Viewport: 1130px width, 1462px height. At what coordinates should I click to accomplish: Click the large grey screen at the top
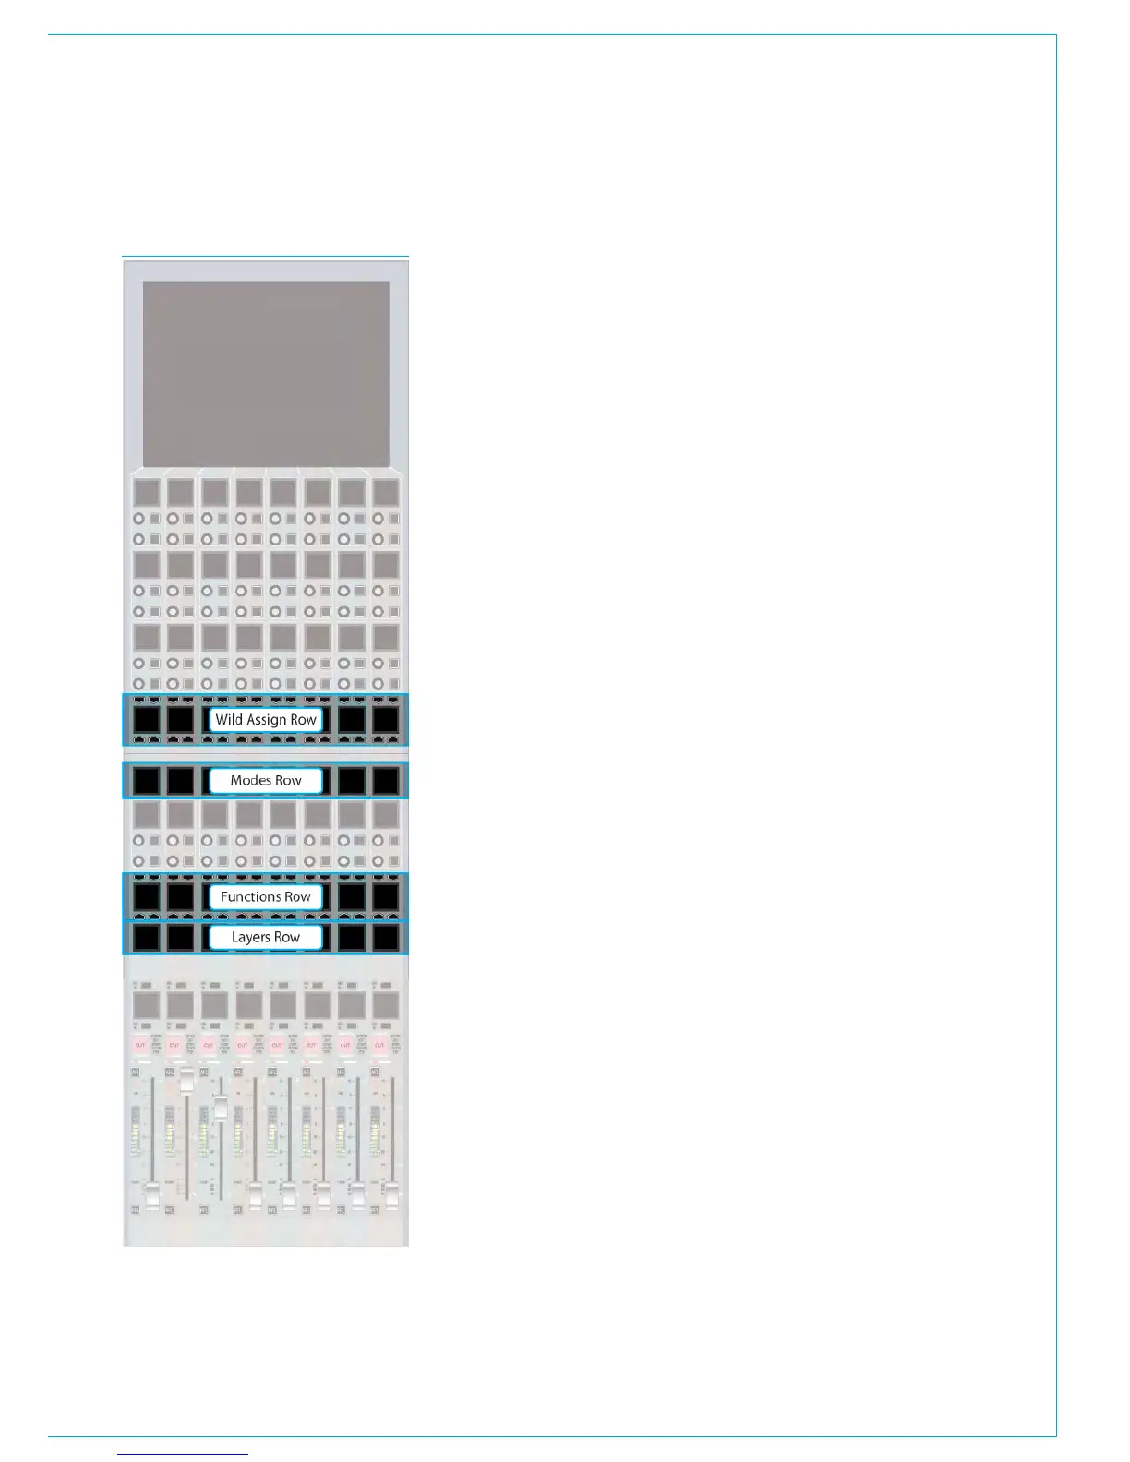266,373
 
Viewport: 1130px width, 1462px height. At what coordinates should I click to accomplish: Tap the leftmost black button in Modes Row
146,781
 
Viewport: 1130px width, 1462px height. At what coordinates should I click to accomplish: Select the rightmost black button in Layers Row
385,938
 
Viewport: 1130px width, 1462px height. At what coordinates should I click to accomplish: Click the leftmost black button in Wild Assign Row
146,720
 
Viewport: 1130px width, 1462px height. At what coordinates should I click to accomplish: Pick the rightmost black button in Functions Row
385,897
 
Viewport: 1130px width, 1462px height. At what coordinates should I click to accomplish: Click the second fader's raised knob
186,1083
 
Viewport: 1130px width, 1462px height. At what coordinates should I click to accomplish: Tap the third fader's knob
221,1107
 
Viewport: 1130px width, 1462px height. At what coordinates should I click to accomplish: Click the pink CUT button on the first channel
140,1045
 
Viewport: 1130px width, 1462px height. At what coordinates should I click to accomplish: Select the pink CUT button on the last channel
379,1045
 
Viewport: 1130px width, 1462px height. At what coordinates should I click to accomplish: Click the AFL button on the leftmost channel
135,1073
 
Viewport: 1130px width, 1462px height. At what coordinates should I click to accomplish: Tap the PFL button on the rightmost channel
374,1209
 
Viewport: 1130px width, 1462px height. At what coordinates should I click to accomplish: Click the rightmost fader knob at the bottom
392,1196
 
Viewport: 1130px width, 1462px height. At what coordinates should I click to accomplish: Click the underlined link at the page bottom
184,1454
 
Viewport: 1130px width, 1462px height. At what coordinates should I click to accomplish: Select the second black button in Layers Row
180,938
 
